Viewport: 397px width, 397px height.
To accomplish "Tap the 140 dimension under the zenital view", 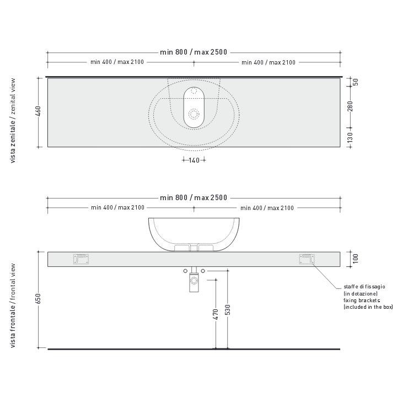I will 194,160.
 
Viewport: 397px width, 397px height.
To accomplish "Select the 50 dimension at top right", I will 356,82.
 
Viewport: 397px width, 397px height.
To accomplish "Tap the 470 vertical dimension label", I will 216,314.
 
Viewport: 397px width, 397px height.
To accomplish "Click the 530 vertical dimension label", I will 228,310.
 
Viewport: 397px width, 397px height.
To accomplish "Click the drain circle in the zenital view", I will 194,114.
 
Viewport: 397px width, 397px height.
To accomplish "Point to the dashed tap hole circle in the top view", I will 194,93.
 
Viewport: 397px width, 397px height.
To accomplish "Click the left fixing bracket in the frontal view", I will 81,259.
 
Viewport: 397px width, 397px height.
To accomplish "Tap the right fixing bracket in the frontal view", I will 307,259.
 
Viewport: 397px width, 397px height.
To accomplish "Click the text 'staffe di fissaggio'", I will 364,287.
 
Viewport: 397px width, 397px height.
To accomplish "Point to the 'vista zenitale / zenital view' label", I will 13,121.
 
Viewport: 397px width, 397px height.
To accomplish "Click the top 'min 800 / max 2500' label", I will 194,52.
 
